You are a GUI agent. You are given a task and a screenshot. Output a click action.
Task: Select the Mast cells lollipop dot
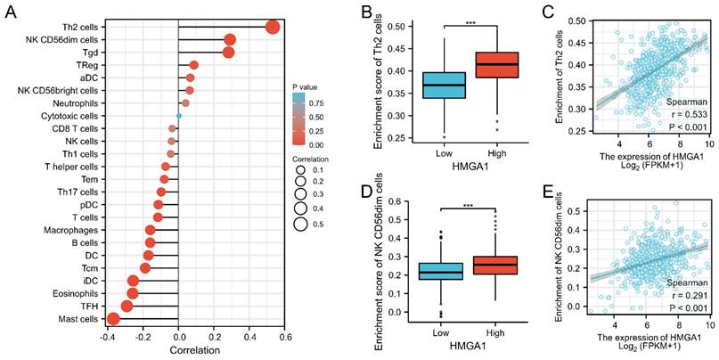[113, 319]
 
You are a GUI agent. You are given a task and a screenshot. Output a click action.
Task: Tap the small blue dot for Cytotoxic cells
[179, 116]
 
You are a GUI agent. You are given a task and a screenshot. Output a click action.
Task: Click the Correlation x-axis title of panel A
[179, 351]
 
